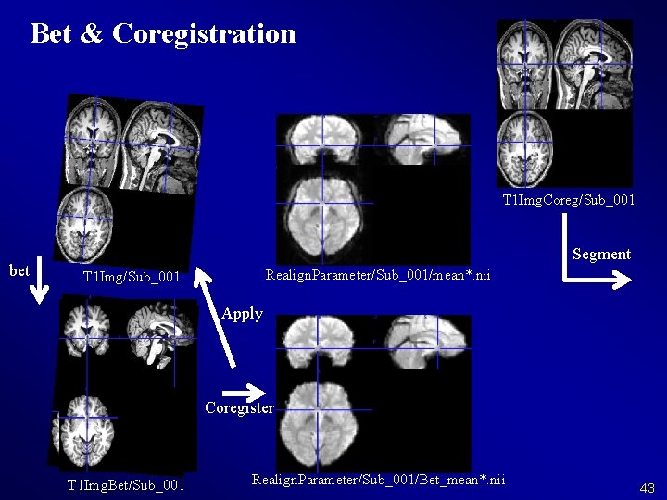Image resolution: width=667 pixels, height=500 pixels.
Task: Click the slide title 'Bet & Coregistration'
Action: click(x=163, y=33)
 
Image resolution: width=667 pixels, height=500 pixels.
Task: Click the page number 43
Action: click(x=647, y=487)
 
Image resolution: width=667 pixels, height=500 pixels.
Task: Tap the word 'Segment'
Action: click(x=601, y=254)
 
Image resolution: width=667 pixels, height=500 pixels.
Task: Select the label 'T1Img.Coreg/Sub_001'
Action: click(x=569, y=200)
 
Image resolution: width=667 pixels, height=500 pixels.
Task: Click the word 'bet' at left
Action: click(x=19, y=270)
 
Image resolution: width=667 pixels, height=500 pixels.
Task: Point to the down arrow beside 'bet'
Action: click(x=39, y=282)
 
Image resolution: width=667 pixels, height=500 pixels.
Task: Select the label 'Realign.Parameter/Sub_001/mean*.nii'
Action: click(x=378, y=275)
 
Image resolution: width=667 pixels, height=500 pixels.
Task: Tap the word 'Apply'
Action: click(x=243, y=313)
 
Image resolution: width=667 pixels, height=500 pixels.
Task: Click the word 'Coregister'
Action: click(x=239, y=407)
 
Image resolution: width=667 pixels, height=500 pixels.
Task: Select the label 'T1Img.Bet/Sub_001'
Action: click(x=126, y=485)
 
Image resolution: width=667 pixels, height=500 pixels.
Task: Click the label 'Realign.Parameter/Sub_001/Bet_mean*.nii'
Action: click(x=379, y=479)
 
